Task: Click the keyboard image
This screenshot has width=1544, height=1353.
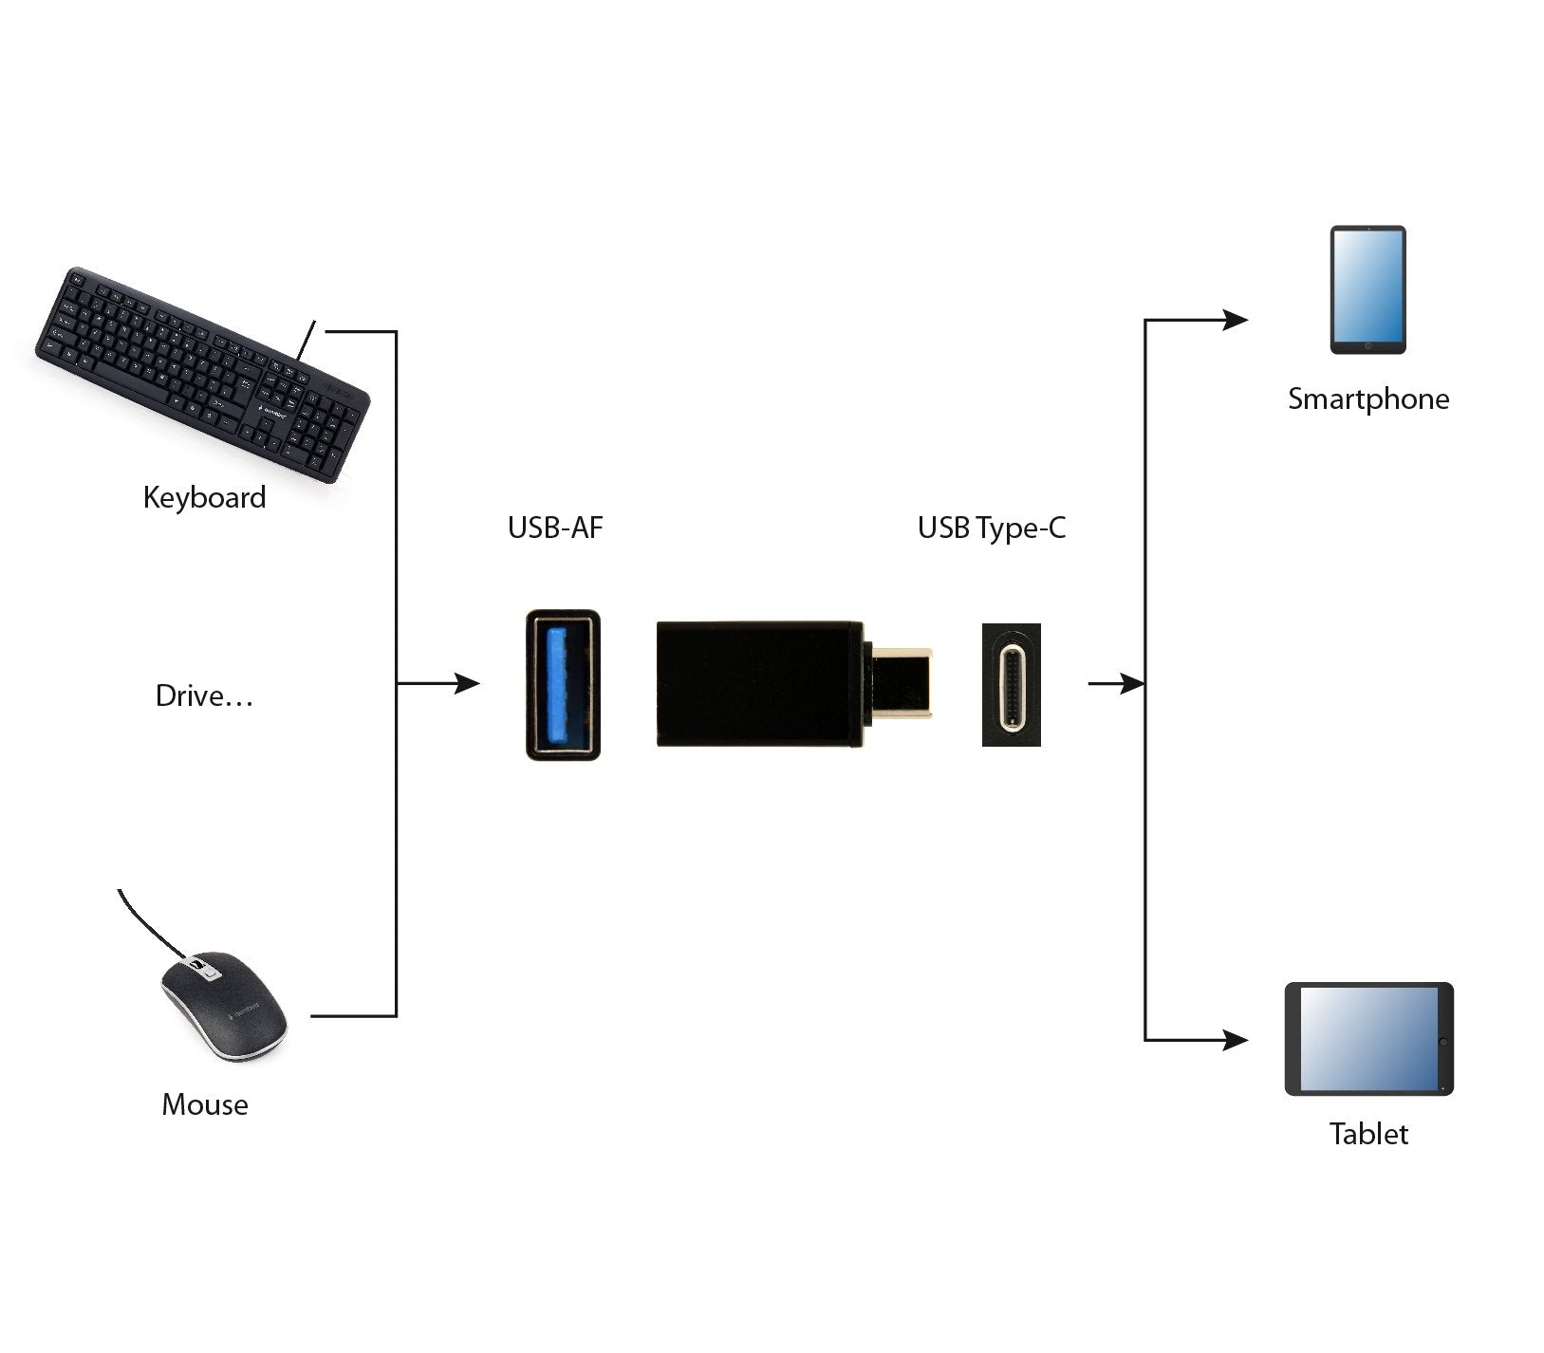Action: (x=202, y=374)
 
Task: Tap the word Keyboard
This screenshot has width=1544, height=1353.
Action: (x=204, y=498)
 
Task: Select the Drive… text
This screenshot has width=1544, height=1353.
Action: (x=204, y=696)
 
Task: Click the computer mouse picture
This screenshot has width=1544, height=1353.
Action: (x=224, y=1006)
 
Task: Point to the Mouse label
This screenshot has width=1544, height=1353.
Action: (x=205, y=1105)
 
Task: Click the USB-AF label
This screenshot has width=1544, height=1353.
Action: (x=555, y=528)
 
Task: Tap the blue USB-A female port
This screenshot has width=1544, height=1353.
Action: (x=563, y=684)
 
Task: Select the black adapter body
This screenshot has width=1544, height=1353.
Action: (x=759, y=684)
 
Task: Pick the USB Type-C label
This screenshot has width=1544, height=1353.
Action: (x=991, y=528)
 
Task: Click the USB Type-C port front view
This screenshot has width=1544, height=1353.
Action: (x=1012, y=684)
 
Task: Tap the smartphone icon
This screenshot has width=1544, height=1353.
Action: (x=1367, y=289)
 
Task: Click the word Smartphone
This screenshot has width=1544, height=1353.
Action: (x=1367, y=399)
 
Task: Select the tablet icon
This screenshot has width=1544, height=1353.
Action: (x=1368, y=1039)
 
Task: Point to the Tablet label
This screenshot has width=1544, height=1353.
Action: (x=1368, y=1135)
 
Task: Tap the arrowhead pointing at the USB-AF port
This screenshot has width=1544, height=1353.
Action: (x=467, y=683)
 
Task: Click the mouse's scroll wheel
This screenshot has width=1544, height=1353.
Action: (x=200, y=969)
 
